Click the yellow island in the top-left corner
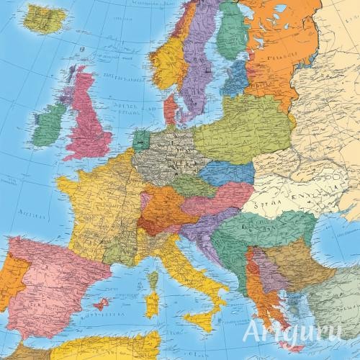click(x=42, y=19)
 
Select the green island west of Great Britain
click(x=49, y=124)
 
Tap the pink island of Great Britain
click(x=90, y=115)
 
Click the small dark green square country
click(x=141, y=138)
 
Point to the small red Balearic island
click(x=102, y=305)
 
